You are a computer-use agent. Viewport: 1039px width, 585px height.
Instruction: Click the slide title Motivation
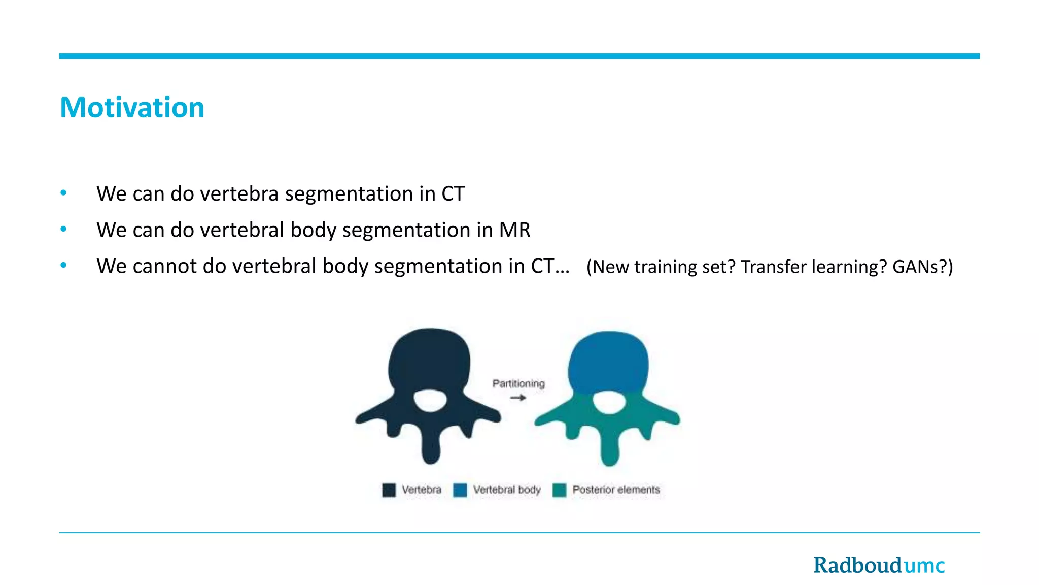(132, 108)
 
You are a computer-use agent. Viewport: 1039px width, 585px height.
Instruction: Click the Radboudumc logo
(879, 565)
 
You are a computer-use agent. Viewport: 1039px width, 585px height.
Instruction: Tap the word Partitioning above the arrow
(518, 383)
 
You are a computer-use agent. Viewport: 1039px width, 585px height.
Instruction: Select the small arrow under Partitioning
(518, 398)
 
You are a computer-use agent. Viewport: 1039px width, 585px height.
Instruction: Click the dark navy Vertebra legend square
(389, 490)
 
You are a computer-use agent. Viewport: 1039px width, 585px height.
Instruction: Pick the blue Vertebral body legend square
(460, 490)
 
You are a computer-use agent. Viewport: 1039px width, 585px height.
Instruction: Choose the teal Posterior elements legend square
(559, 490)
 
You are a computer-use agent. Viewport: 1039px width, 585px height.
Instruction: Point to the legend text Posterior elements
(616, 490)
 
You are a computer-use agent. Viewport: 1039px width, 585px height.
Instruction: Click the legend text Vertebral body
(507, 490)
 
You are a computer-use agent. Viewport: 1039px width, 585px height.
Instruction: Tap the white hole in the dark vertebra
(430, 401)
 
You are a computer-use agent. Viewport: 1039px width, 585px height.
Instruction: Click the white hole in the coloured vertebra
(609, 402)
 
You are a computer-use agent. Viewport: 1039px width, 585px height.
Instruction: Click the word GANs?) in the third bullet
(922, 267)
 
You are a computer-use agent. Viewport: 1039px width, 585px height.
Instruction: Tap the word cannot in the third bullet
(164, 266)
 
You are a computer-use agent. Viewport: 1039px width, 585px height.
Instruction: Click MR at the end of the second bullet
(514, 230)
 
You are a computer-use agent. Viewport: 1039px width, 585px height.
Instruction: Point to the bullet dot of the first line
(63, 193)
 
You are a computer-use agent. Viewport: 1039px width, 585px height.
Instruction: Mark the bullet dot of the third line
(63, 265)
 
